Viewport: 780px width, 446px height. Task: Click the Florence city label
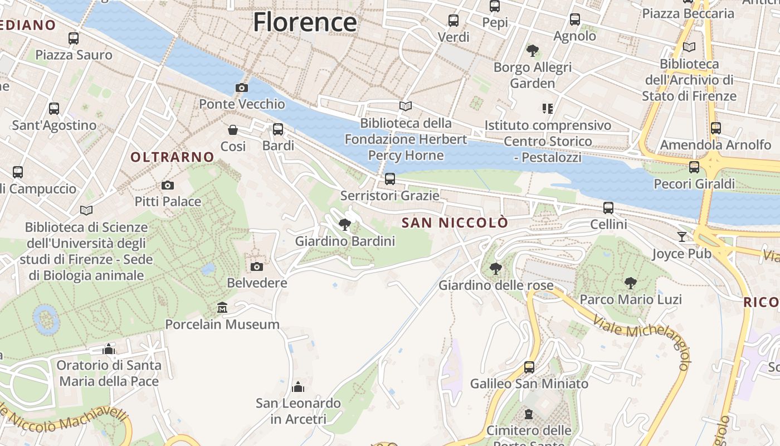coord(305,22)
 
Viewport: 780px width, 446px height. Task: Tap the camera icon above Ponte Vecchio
coord(241,88)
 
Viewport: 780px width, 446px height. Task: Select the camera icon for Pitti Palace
coord(167,185)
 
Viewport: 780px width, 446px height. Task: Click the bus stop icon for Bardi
coord(278,129)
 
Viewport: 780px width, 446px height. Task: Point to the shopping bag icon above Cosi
coord(233,130)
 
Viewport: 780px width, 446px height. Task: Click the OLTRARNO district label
coord(172,157)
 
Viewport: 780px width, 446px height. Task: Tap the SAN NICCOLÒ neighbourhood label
coord(455,223)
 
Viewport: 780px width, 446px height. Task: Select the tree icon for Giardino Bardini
coord(345,225)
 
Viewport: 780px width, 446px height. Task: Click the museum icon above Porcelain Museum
coord(222,308)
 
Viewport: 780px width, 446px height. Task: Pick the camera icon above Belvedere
coord(256,266)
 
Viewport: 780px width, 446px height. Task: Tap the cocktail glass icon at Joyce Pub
coord(682,237)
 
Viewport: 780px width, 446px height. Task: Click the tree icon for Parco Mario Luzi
coord(631,283)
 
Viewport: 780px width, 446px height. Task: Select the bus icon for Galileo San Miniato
coord(529,367)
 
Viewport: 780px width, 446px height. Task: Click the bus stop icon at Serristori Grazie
coord(390,179)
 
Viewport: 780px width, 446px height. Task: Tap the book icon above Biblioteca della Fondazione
coord(406,106)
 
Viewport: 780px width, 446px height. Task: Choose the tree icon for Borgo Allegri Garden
coord(533,51)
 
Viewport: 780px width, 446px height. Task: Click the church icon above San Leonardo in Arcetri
coord(298,386)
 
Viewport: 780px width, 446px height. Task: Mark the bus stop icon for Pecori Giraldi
coord(694,167)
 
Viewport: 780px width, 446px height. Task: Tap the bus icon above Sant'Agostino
coord(54,109)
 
